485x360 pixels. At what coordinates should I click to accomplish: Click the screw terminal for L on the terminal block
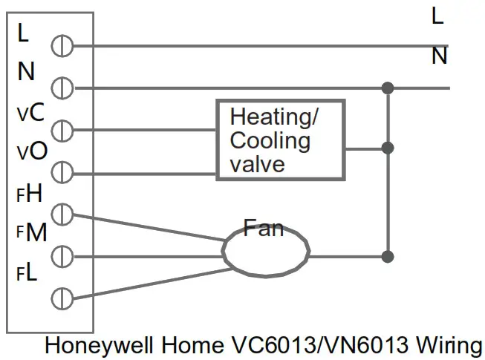click(62, 46)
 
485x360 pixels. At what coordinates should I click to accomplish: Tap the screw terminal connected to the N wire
click(62, 88)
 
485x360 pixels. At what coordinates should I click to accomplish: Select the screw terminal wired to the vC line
click(62, 131)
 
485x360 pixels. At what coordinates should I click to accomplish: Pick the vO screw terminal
click(62, 173)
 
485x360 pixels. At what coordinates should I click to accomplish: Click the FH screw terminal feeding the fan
click(62, 215)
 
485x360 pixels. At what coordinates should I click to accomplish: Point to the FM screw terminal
click(62, 257)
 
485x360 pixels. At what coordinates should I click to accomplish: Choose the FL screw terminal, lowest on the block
click(62, 299)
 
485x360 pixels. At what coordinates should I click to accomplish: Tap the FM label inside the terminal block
click(30, 233)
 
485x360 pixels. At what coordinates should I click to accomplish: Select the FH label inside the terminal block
click(30, 194)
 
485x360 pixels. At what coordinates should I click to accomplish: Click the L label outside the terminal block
click(437, 16)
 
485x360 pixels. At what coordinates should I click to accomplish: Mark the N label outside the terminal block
click(439, 56)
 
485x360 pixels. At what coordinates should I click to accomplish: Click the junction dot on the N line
click(387, 88)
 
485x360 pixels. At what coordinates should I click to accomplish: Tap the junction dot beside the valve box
click(387, 148)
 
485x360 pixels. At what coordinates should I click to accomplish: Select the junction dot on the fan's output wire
click(387, 257)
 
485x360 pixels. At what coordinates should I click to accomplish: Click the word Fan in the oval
click(264, 228)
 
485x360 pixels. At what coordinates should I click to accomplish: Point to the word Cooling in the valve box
click(270, 140)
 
